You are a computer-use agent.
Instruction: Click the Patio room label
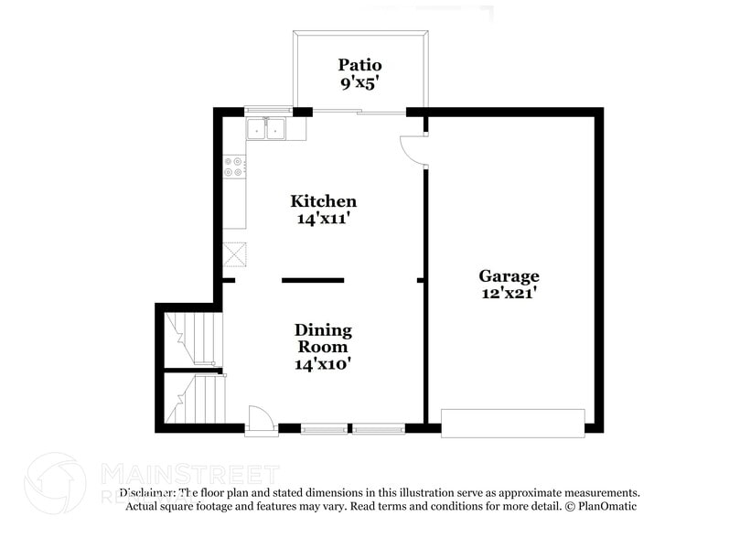pyautogui.click(x=359, y=65)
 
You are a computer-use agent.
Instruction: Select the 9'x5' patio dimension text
pyautogui.click(x=359, y=81)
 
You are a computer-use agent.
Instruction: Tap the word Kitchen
pyautogui.click(x=323, y=201)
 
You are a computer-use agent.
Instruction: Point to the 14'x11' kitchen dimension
pyautogui.click(x=323, y=219)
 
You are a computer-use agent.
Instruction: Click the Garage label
pyautogui.click(x=509, y=275)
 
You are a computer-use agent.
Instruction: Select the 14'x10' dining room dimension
pyautogui.click(x=323, y=363)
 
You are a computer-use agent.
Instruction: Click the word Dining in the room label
pyautogui.click(x=323, y=330)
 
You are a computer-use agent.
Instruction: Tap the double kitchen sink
pyautogui.click(x=266, y=130)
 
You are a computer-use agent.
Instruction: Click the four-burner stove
pyautogui.click(x=234, y=167)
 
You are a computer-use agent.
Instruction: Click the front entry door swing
pyautogui.click(x=262, y=417)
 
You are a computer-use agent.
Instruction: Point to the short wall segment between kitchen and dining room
pyautogui.click(x=313, y=280)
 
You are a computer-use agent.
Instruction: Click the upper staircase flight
pyautogui.click(x=195, y=339)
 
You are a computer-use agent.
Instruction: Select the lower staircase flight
pyautogui.click(x=195, y=400)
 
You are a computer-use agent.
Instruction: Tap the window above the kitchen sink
pyautogui.click(x=266, y=112)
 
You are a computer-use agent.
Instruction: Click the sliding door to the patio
pyautogui.click(x=359, y=113)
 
